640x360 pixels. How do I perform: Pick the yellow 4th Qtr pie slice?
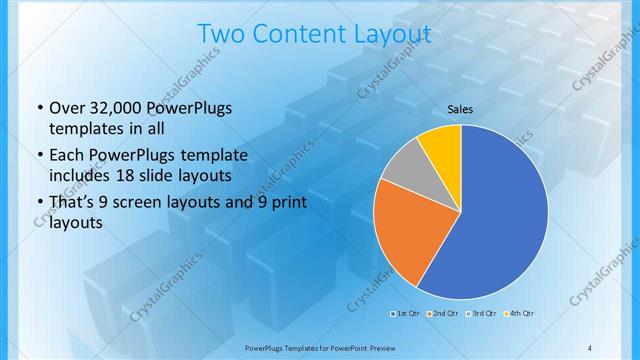coord(441,145)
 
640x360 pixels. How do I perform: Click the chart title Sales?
coord(460,109)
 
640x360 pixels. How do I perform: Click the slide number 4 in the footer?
coord(589,346)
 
